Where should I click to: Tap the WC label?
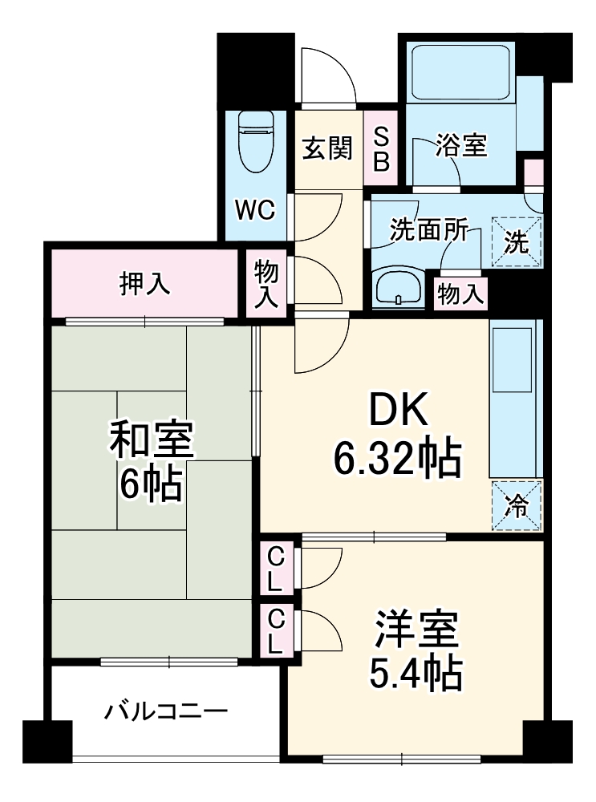point(255,210)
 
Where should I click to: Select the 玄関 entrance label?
point(327,148)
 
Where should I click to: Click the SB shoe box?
point(382,150)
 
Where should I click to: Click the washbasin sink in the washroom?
point(399,288)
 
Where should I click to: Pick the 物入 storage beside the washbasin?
point(461,294)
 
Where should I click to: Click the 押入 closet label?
point(145,284)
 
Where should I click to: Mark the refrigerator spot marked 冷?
point(517,505)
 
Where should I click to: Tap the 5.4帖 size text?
point(416,676)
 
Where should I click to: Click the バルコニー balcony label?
point(167,711)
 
